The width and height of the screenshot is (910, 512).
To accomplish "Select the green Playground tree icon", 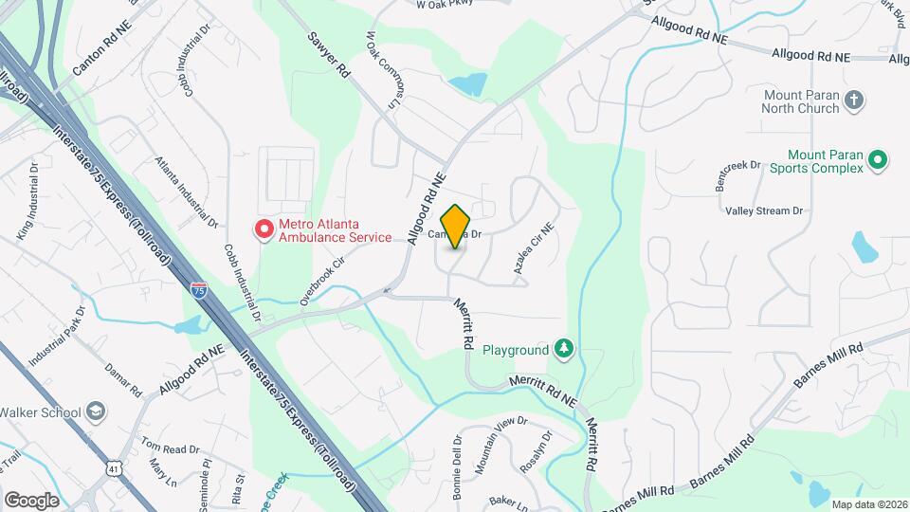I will pyautogui.click(x=564, y=350).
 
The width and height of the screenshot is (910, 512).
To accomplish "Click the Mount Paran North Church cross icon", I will pyautogui.click(x=854, y=101).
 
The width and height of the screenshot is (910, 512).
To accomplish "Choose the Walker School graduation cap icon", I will pyautogui.click(x=95, y=411).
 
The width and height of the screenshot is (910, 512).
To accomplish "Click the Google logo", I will pyautogui.click(x=31, y=501).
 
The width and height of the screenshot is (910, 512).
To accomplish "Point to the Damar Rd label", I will pyautogui.click(x=123, y=378).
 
